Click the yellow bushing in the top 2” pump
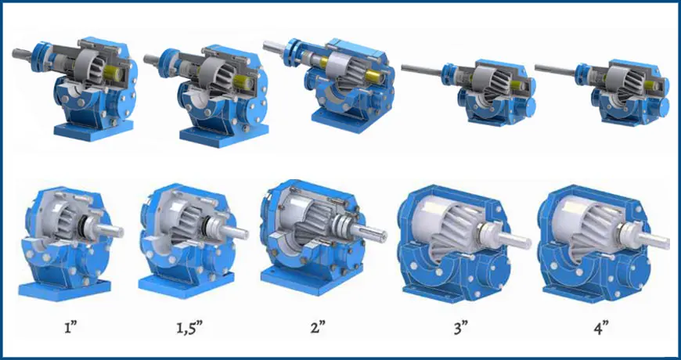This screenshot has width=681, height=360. [373, 77]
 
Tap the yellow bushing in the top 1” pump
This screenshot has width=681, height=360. [110, 72]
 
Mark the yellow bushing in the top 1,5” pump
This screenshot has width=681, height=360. [240, 81]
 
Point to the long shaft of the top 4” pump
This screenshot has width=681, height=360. [556, 69]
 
